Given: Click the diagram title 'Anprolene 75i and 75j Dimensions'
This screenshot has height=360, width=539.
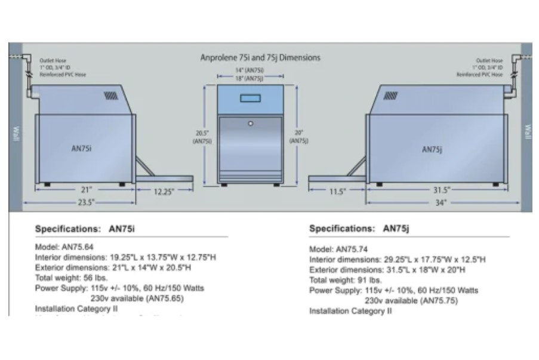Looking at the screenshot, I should pos(260,58).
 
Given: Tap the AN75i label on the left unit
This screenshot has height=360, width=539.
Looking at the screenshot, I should pos(81,149).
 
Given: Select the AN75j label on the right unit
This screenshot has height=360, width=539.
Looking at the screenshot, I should pos(432,150).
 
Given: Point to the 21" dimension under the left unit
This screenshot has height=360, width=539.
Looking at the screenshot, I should pos(86,189).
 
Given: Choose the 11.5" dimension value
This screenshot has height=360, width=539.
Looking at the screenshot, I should pos(337,192).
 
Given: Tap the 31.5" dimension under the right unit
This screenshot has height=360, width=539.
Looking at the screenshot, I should pos(441,190).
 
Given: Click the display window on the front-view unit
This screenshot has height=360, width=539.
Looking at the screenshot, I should pos(250,99).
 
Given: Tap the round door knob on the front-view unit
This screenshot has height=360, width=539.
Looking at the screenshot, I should pos(251,124).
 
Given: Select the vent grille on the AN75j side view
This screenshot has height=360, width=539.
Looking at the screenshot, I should pos(391,95).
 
